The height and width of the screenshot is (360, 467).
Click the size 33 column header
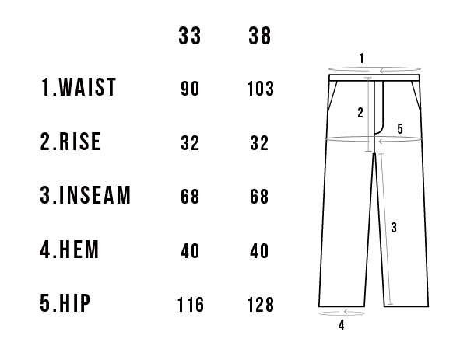tap(190, 36)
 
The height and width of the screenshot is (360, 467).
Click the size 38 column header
tap(260, 36)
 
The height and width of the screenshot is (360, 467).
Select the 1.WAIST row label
tap(78, 87)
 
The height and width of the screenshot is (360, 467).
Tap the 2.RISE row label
tap(70, 142)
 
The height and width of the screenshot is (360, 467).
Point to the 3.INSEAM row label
tap(85, 195)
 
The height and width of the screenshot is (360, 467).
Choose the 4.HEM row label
tap(69, 250)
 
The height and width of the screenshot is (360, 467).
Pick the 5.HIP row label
tap(65, 303)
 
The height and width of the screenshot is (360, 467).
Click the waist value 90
tap(190, 89)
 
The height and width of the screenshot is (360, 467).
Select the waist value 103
tap(261, 89)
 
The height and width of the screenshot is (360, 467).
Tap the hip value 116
tap(191, 305)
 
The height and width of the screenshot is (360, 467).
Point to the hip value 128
tap(261, 305)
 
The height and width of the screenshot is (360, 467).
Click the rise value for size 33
tap(190, 143)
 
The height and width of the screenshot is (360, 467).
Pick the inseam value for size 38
tap(259, 197)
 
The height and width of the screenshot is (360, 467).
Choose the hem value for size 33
tap(190, 251)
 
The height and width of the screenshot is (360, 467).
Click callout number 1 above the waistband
tap(362, 58)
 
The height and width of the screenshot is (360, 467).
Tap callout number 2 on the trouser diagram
tap(360, 113)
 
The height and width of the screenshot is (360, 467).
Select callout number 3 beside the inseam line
tap(394, 228)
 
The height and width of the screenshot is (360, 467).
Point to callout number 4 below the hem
tap(342, 325)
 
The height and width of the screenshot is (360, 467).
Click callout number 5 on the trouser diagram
tap(400, 129)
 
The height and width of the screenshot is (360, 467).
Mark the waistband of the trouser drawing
tap(374, 78)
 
